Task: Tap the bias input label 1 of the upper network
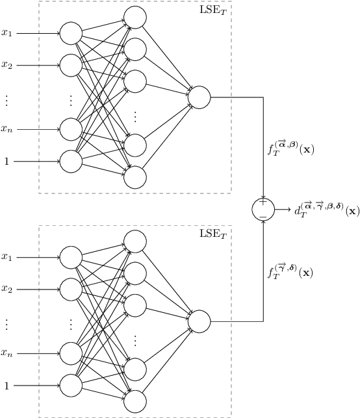click(7, 162)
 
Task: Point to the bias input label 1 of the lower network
click(7, 386)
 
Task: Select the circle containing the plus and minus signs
click(263, 209)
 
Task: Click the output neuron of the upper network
click(199, 97)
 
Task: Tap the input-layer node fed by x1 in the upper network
click(71, 32)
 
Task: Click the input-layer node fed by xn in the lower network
click(71, 353)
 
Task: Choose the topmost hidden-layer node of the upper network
click(135, 17)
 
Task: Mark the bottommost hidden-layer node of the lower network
click(135, 400)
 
